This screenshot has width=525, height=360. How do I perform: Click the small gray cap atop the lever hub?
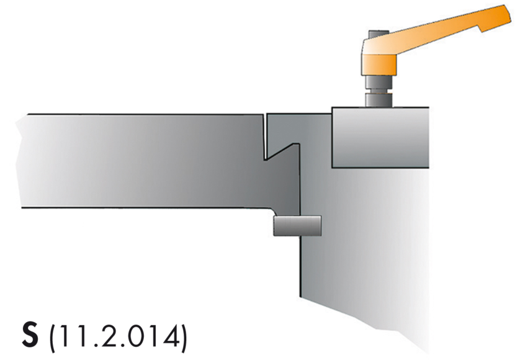pos(377,35)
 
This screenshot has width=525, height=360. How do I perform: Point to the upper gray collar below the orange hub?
pos(377,83)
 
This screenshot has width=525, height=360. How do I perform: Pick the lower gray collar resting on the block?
pos(377,99)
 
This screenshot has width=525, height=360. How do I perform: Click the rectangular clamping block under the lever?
pos(380,137)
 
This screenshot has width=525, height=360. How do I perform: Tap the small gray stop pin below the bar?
pos(297,225)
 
